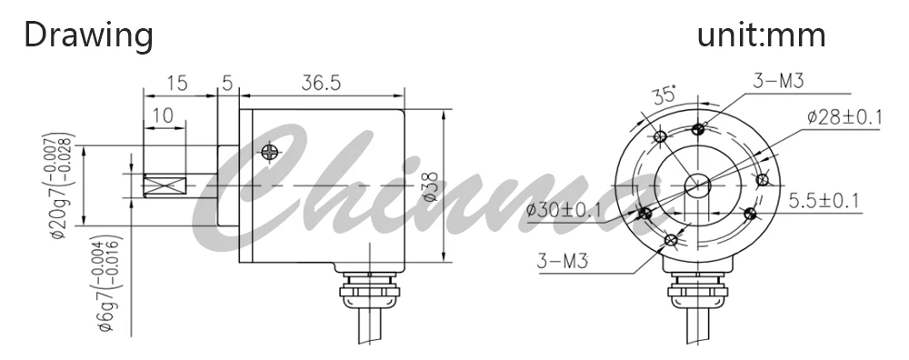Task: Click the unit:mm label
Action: [x=761, y=35]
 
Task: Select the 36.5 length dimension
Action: [x=321, y=83]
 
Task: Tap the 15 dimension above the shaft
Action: [x=177, y=83]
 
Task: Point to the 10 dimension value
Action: [x=163, y=115]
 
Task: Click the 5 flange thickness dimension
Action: [x=227, y=83]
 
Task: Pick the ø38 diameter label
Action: [x=430, y=185]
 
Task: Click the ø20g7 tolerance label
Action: [x=60, y=185]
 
